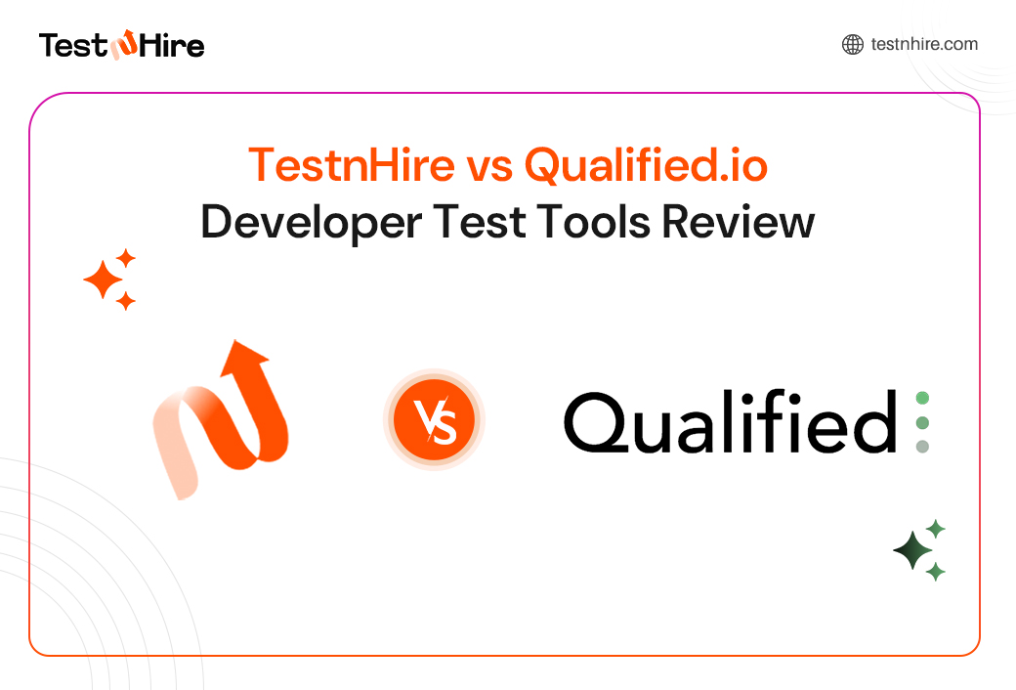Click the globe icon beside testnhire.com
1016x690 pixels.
point(853,44)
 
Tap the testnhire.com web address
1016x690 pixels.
point(924,44)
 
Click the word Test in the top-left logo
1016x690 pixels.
point(72,45)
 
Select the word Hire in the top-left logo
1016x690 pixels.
point(172,45)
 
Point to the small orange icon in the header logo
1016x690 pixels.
point(123,45)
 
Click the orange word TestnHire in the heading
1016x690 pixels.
point(351,164)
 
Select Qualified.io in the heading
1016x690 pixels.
point(646,164)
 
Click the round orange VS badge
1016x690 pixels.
point(434,422)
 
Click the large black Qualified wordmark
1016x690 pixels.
point(730,424)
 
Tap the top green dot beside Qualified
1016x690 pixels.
point(922,398)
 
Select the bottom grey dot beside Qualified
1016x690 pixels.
point(922,447)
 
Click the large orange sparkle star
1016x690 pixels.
point(103,281)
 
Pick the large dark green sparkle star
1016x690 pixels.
point(913,551)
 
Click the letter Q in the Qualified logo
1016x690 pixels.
point(599,424)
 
